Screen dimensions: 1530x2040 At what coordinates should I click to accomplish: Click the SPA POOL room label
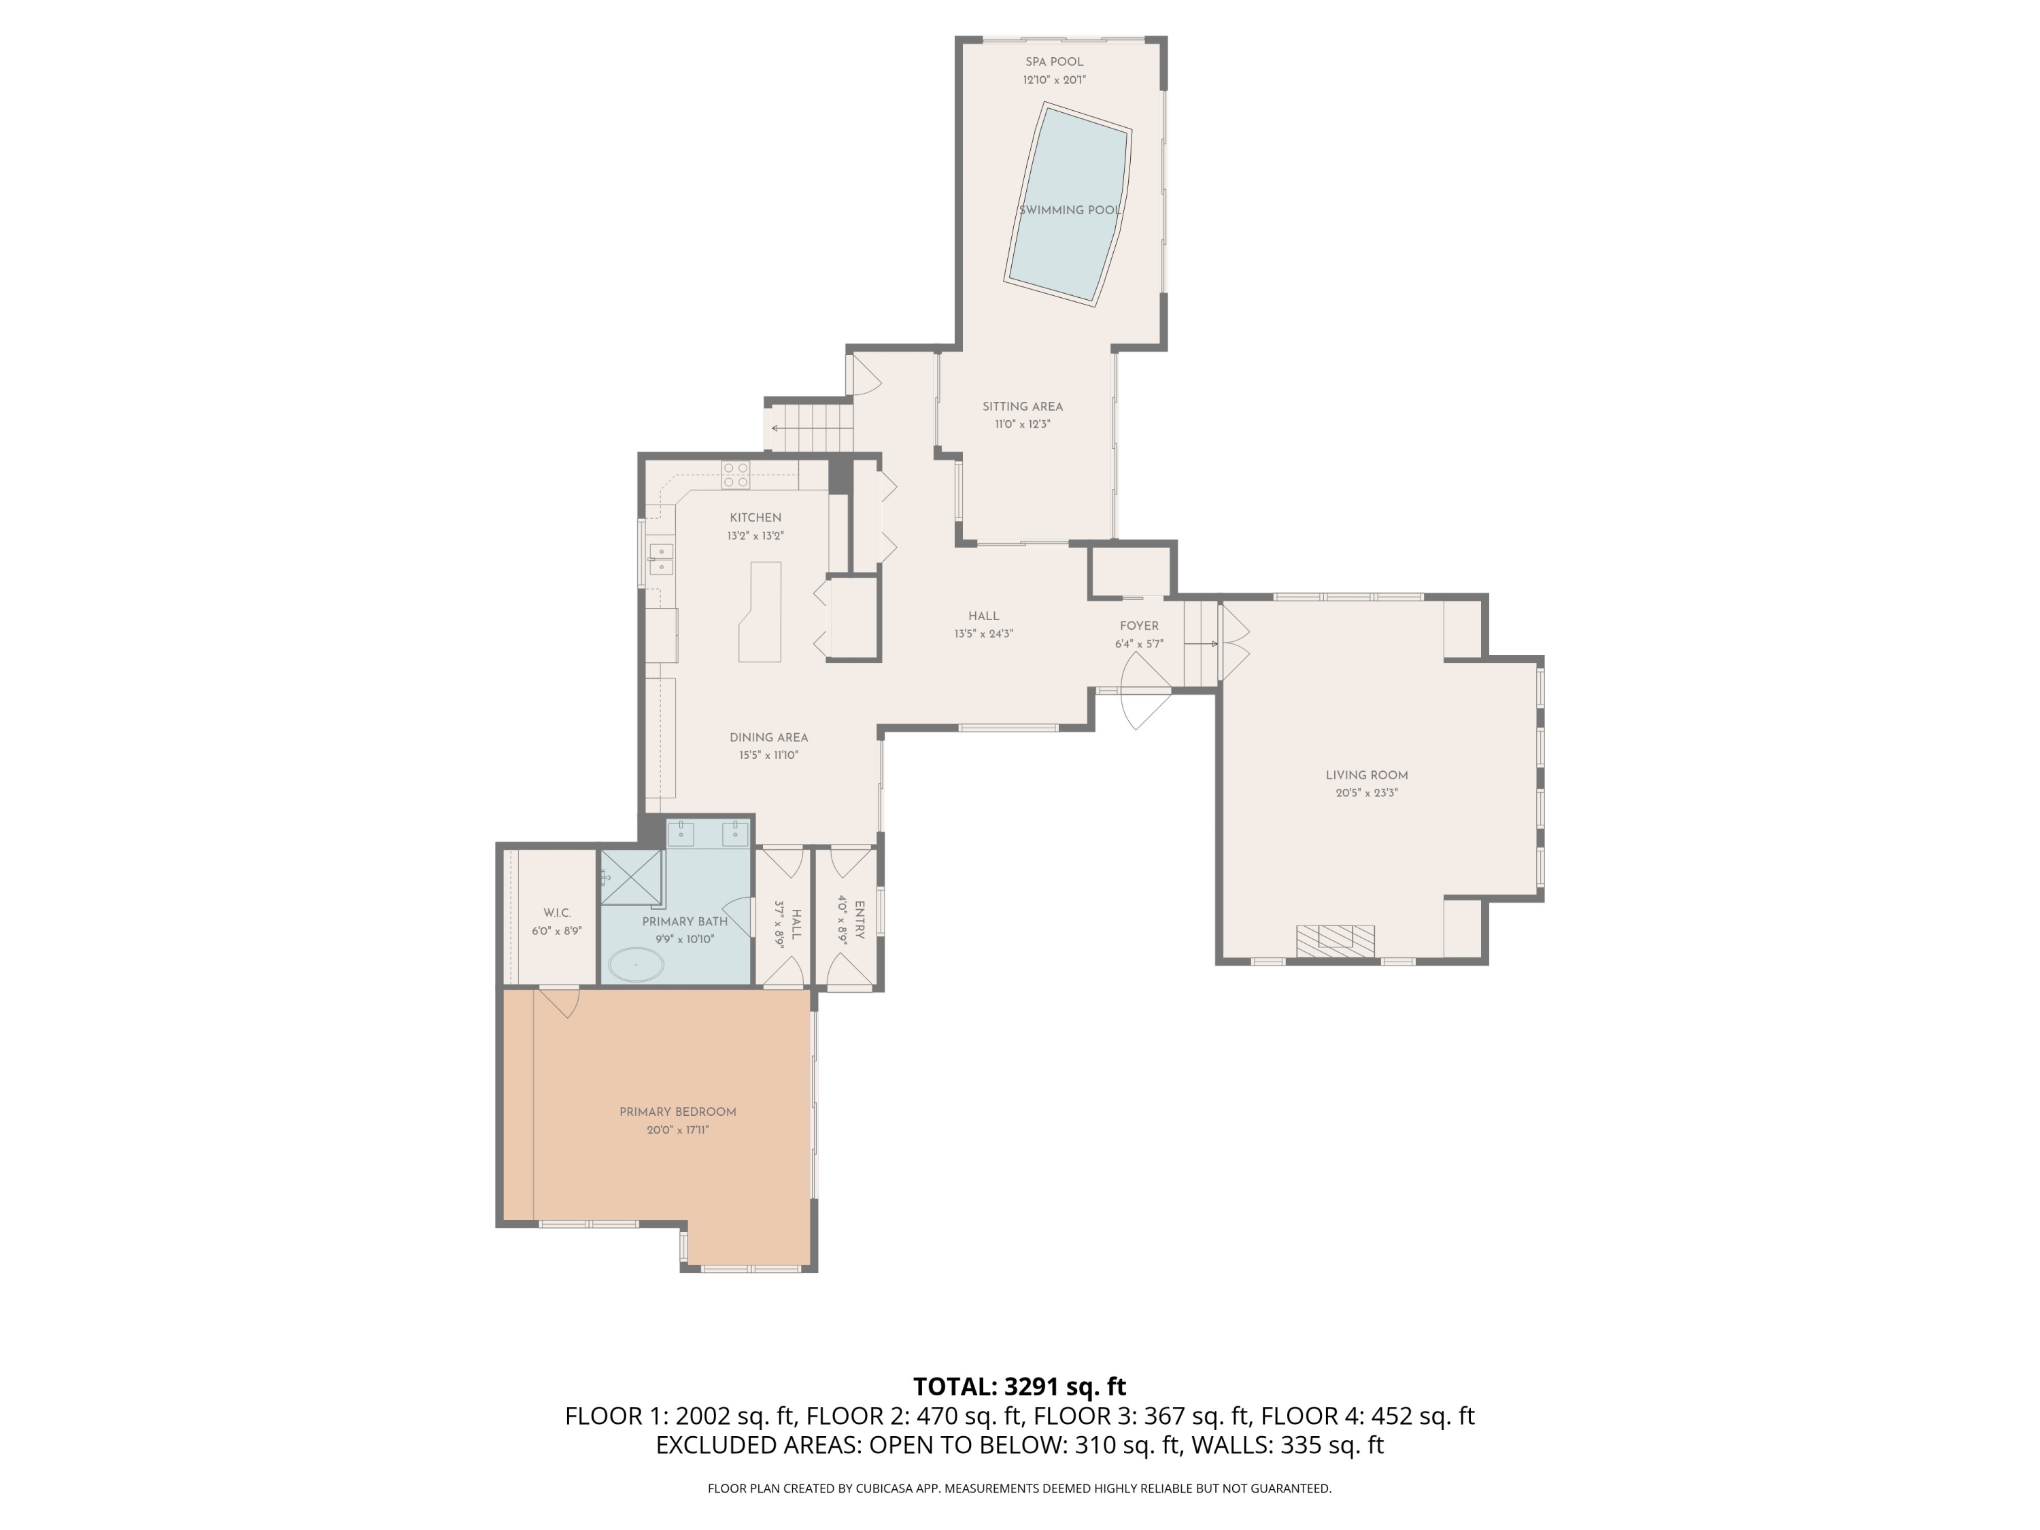coord(1053,62)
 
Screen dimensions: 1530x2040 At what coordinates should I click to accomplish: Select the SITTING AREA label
coord(1022,407)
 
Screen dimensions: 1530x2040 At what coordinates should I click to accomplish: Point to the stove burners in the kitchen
coord(735,474)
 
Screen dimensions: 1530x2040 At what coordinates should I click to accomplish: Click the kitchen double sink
coord(660,559)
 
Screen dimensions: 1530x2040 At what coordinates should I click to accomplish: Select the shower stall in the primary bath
coord(632,877)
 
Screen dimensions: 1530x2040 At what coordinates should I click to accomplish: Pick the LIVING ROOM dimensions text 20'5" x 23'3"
coord(1366,793)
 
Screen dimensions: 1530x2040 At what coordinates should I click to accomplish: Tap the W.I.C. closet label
coord(557,913)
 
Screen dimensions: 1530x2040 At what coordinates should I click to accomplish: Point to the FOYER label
coord(1139,626)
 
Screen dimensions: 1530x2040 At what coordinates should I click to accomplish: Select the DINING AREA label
coord(768,738)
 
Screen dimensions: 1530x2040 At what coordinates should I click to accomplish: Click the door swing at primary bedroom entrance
coord(562,1002)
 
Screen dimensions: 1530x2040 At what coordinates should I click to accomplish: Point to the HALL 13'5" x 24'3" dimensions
coord(983,634)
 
